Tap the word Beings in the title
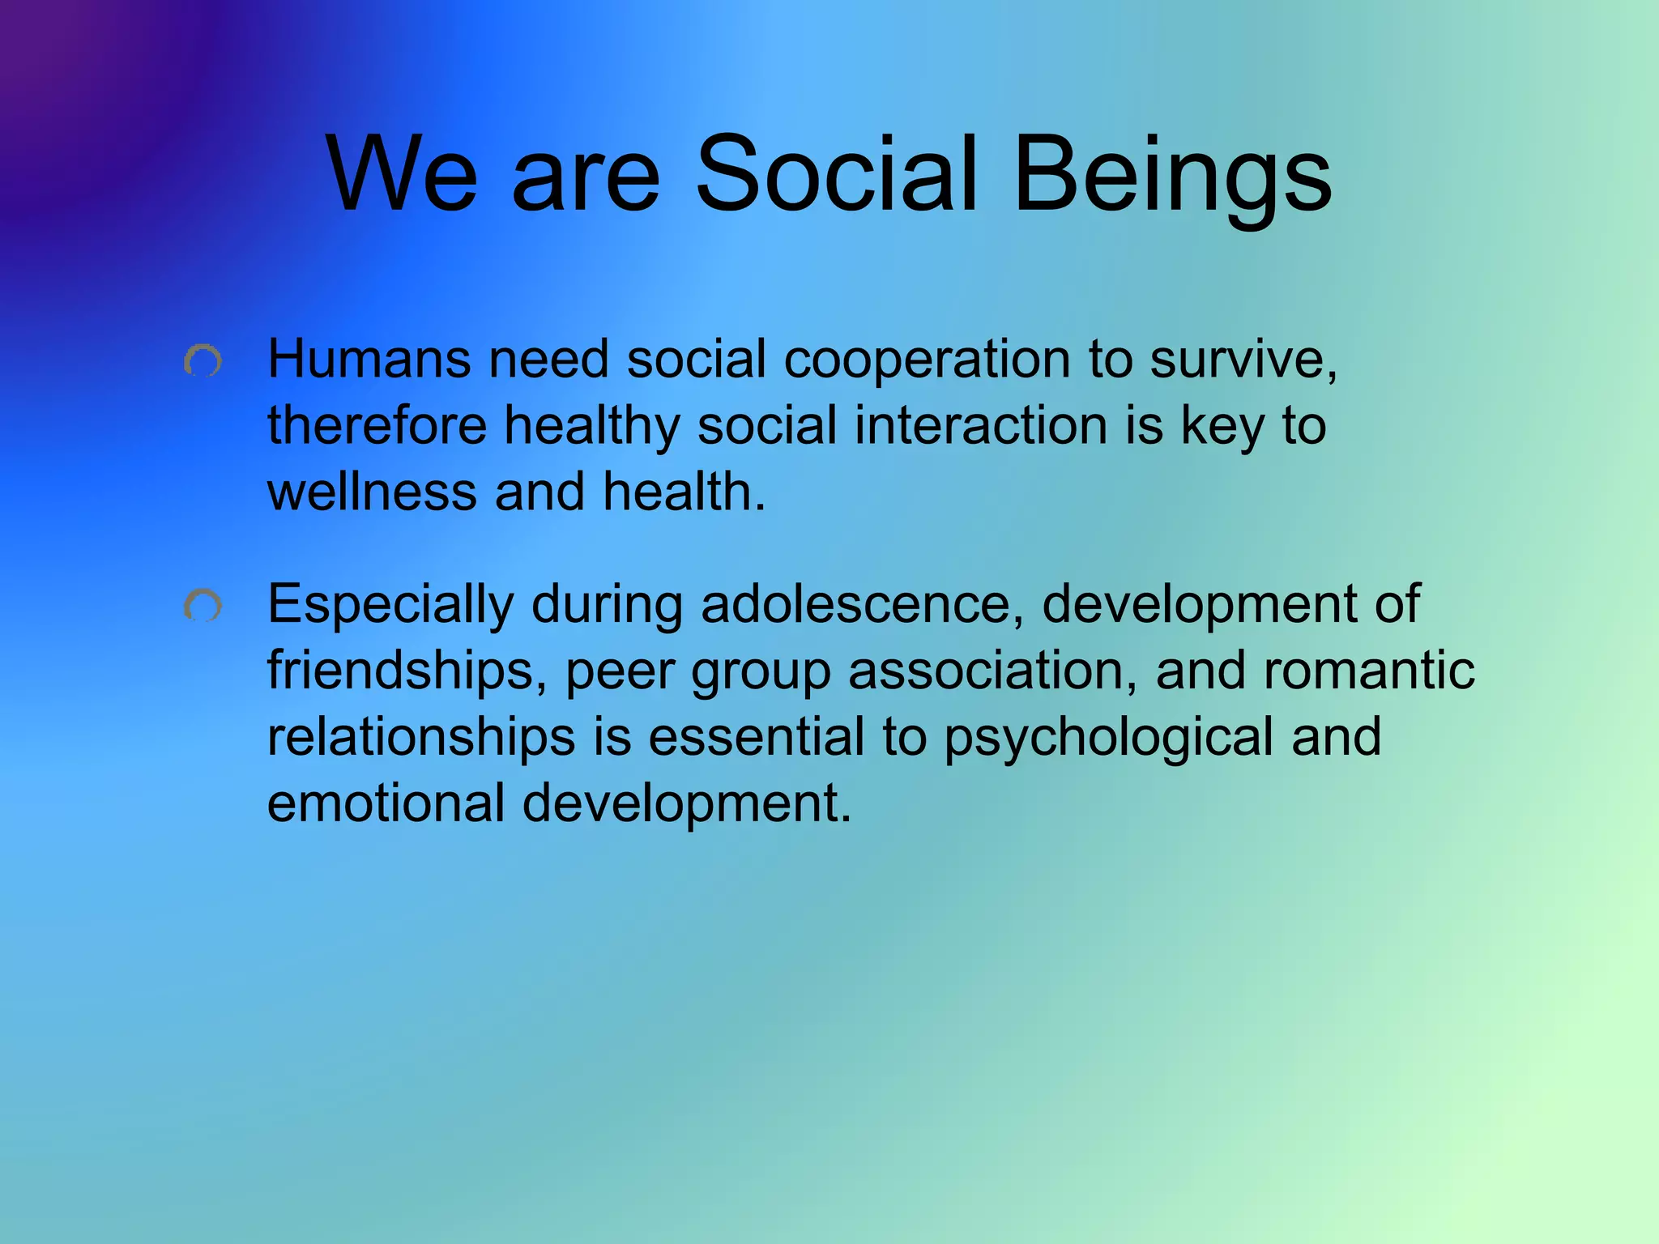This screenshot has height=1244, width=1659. coord(1171,174)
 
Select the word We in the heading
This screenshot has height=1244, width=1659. coord(402,174)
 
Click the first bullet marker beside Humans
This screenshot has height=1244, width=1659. coord(203,361)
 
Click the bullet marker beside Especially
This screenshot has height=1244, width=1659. coord(203,606)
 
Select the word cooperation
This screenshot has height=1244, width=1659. coord(927,360)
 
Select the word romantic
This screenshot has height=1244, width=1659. coord(1368,671)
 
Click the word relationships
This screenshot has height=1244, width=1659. coord(421,738)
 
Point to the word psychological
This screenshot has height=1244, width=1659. coord(1108,738)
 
